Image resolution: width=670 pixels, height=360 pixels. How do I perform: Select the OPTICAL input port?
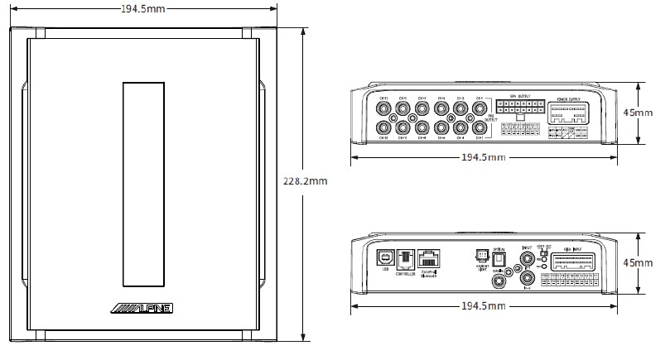click(499, 258)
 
